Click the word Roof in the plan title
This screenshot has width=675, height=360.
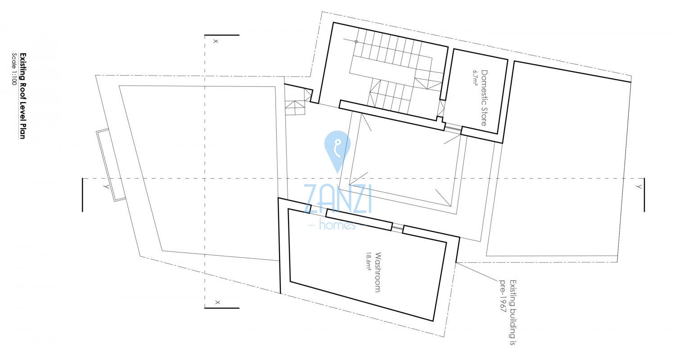coord(22,90)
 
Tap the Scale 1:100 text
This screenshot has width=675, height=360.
coord(14,69)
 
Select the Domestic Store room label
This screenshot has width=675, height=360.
coord(484,98)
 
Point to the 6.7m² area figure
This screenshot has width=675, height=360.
coord(475,78)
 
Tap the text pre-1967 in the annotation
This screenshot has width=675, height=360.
coord(502,296)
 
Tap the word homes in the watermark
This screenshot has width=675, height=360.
coord(337,225)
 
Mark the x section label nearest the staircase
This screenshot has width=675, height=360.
coord(216,41)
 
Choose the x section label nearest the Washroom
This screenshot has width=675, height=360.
coord(218,302)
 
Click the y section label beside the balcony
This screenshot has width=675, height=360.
coord(106,187)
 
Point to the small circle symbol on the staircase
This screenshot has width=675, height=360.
coord(356,41)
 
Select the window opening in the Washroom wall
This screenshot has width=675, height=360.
coord(397,228)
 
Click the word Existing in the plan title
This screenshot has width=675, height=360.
coord(22,67)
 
